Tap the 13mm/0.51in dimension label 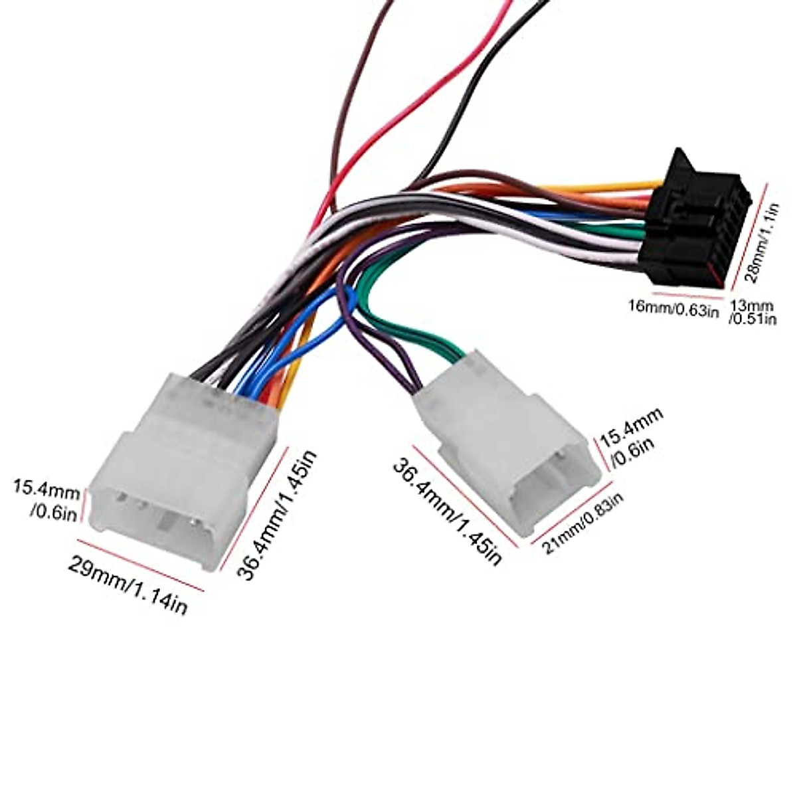coord(753,312)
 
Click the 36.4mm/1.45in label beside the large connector coord(279,515)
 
